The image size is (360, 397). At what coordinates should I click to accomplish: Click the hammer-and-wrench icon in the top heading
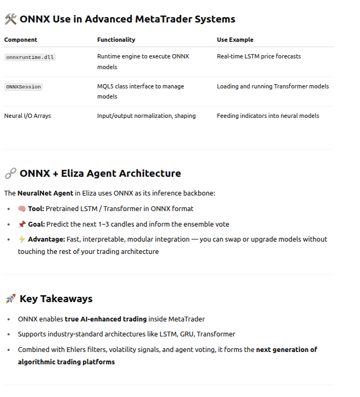coord(10,19)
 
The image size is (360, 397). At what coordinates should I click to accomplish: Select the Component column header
coord(20,40)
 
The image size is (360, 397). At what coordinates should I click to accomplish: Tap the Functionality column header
coord(116,40)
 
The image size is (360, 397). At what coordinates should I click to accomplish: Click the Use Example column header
coord(235,40)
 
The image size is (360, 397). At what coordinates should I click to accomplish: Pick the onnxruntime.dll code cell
coord(30,57)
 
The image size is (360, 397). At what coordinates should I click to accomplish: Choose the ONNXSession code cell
coord(24,87)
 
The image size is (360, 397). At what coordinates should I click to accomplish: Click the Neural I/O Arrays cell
coord(27,116)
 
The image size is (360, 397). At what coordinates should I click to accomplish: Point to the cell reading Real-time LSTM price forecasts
coord(259,56)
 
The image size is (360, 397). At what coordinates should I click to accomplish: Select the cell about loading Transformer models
coord(273,86)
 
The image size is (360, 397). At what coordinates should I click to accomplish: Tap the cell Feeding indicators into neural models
coord(268,116)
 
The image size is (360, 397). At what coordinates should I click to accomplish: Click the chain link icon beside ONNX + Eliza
coord(10,174)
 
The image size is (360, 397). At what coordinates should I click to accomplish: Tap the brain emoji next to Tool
coord(22,209)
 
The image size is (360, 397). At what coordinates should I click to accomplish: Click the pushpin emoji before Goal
coord(22,224)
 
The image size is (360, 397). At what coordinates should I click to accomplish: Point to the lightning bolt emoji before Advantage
coord(22,239)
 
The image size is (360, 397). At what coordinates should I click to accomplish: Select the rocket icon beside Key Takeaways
coord(10,299)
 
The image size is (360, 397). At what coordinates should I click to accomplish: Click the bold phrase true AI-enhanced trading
coord(106,319)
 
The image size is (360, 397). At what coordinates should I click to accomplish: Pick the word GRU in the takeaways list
coord(172,334)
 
